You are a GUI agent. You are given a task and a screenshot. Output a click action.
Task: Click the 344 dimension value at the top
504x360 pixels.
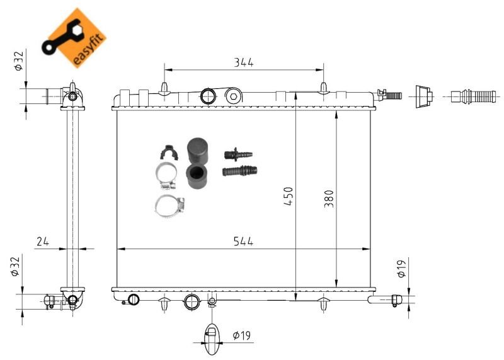point(243,62)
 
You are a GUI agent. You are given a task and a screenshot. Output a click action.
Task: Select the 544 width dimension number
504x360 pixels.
point(243,241)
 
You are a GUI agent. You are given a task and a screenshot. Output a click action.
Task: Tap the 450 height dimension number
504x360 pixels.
point(289,196)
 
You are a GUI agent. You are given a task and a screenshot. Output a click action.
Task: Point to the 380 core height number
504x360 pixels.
point(329,199)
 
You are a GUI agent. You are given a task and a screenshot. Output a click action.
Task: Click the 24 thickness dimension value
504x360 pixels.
point(43,241)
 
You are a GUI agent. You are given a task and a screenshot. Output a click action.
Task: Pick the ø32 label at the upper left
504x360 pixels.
point(19,61)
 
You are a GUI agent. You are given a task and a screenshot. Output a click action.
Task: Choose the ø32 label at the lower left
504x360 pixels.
point(15,266)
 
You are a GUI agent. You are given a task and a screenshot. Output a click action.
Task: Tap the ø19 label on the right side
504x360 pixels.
point(401,269)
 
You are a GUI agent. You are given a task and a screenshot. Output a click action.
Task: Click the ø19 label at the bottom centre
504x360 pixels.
point(241,335)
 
